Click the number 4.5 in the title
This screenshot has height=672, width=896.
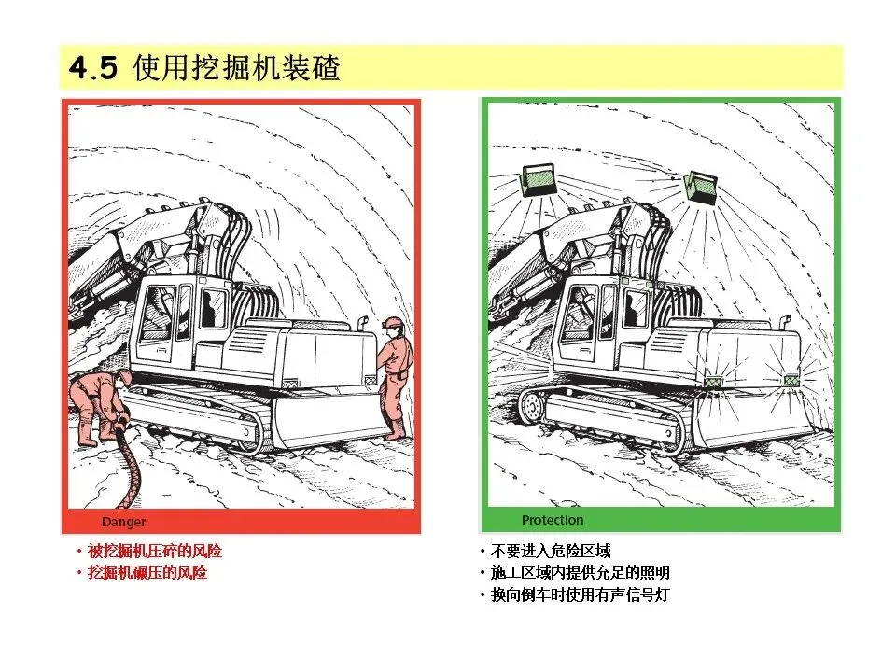tap(93, 67)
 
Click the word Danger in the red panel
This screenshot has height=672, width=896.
tap(123, 522)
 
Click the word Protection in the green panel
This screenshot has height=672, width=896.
tap(553, 520)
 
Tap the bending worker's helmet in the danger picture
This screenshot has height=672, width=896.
tap(124, 377)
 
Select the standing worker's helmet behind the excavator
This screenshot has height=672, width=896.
tap(393, 323)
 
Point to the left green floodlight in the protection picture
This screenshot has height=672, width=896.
tap(539, 180)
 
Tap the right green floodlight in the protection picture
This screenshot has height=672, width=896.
tap(701, 188)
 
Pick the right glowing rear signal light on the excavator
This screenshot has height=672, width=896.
tap(791, 380)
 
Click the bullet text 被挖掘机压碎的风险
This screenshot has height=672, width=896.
tap(154, 551)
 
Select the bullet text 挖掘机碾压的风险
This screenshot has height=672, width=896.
tap(147, 572)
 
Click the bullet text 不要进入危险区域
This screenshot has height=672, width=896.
tap(551, 551)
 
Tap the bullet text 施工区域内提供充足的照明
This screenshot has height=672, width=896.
tap(580, 572)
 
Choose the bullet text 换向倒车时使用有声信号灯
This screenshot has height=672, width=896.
tap(580, 595)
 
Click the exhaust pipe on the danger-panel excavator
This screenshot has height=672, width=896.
tap(361, 323)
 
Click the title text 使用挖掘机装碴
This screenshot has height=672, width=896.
tap(236, 67)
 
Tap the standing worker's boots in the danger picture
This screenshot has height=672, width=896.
tap(396, 429)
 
